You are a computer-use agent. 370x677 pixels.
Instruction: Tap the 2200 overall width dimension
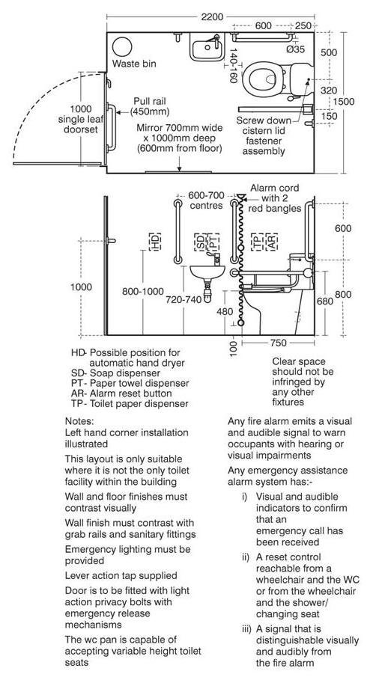pos(213,17)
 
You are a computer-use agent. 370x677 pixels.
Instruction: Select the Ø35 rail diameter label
pos(295,49)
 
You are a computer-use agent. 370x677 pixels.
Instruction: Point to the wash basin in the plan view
pos(207,49)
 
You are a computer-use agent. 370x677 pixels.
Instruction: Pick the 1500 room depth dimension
pos(344,102)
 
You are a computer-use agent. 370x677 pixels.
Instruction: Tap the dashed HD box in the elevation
pos(155,242)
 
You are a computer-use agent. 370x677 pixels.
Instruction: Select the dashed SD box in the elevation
pos(200,242)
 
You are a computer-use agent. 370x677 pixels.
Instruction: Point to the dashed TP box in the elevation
pos(258,242)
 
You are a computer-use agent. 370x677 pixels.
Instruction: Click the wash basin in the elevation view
pos(207,272)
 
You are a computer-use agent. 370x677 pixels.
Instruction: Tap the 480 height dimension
pos(225,311)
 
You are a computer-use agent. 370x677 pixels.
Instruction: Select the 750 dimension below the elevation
pos(277,343)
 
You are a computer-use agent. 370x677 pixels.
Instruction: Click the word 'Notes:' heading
pos(79,420)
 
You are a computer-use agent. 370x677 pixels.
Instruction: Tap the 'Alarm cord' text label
pos(274,189)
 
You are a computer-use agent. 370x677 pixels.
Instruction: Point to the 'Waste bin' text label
pos(134,64)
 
